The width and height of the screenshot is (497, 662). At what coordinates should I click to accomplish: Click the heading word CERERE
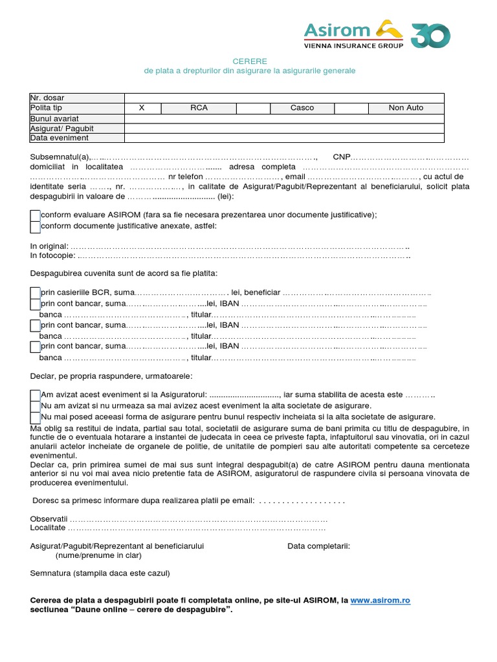pos(249,61)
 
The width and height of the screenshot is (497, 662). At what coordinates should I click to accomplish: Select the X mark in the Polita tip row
pos(142,108)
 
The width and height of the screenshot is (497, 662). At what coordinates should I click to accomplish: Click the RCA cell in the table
pos(199,108)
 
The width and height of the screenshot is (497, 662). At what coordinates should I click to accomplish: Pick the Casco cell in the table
pos(302,108)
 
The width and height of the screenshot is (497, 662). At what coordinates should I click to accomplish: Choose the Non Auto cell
pos(406,108)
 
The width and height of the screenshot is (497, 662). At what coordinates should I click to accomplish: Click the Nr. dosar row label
pos(47,98)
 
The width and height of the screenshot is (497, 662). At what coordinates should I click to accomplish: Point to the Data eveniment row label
pos(59,138)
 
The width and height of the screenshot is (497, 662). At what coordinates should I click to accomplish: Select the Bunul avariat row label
pos(54,118)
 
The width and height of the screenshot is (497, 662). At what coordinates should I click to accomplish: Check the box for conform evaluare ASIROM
pos(35,215)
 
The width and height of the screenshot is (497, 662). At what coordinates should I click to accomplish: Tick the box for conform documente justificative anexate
pos(35,226)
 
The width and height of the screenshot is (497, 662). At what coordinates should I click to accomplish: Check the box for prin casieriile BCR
pos(35,293)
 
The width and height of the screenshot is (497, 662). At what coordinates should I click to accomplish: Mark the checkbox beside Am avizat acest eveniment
pos(35,395)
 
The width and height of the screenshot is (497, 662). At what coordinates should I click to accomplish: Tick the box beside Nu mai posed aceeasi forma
pos(35,417)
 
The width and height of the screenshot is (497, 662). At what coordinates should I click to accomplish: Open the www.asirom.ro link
pos(381,601)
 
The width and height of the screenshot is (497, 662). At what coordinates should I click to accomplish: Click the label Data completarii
pos(318,546)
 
